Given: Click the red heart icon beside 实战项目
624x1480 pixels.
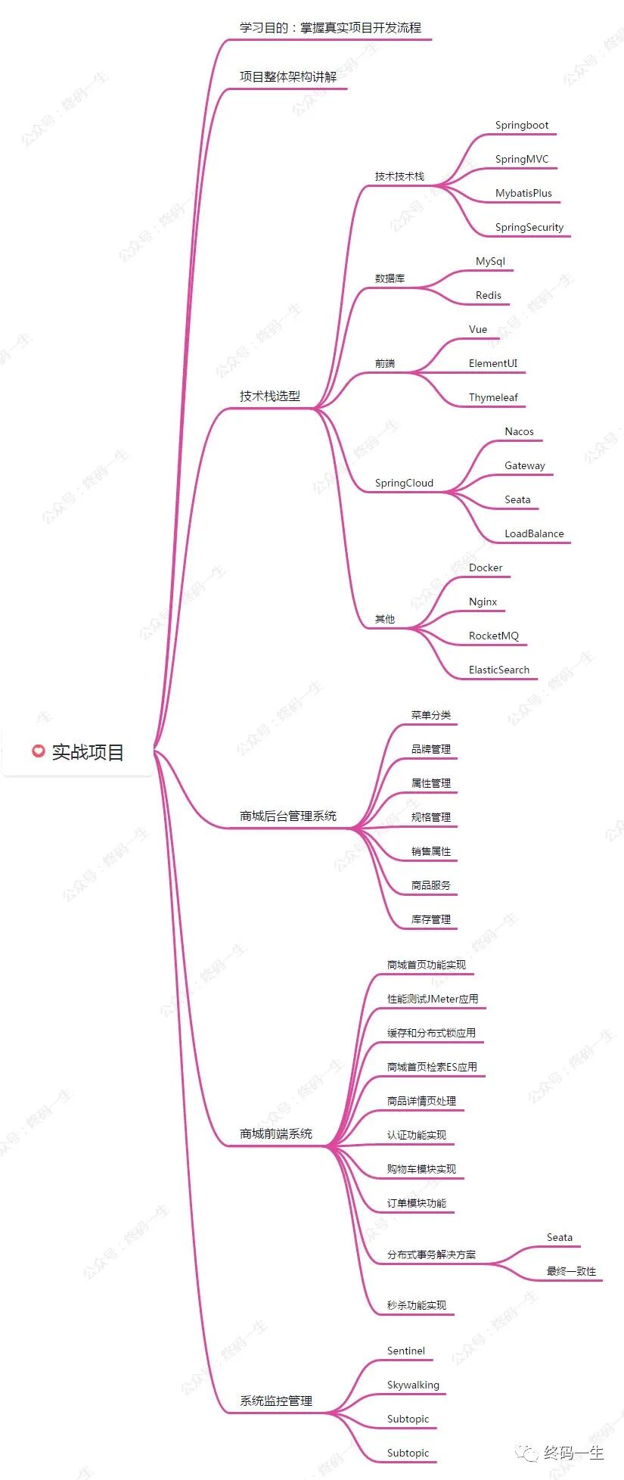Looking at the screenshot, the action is coord(38,751).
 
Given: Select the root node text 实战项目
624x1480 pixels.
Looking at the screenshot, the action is coord(88,752).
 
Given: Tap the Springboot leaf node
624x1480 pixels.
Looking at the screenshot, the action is coord(521,126).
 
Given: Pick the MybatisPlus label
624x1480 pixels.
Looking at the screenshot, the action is coord(523,194).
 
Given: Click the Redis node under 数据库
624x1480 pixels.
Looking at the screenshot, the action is coord(488,296).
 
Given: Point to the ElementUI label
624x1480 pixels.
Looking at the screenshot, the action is coord(492,364).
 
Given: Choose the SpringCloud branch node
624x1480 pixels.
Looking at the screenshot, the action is coord(404,483).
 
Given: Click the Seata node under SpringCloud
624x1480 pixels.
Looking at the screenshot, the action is coord(517,500).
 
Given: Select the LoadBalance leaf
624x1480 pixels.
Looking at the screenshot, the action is coord(534,534).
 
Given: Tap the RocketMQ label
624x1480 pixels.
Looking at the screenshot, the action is coord(493,636).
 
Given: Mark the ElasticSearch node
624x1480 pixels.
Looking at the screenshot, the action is coord(498,670).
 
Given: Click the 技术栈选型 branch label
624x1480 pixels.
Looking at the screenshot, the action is coord(270,396).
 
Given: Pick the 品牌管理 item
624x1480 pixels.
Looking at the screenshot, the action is coord(430,750).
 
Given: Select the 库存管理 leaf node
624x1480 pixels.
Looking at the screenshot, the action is coord(430,920).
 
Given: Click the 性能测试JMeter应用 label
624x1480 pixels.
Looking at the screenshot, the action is coord(433,1000).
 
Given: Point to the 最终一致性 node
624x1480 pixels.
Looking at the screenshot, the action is coord(571,1272).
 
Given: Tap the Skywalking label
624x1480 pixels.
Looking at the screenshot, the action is coord(413,1385).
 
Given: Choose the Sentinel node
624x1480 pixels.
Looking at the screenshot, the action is coord(405,1351).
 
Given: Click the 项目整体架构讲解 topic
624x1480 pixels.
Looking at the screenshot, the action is coord(288,76).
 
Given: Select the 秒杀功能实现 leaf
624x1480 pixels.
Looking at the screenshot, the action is coord(416,1306).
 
